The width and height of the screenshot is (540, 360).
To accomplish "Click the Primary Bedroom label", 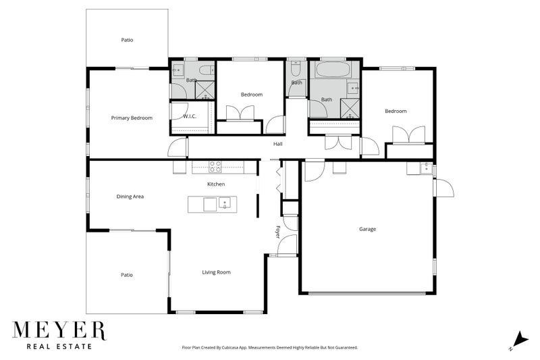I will tap(132, 118).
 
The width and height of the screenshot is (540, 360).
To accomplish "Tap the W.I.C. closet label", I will tap(190, 116).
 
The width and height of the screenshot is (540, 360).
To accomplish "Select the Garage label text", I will tap(367, 229).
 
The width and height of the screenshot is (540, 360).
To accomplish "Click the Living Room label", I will tap(216, 272).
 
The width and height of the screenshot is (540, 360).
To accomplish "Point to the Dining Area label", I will tap(130, 197).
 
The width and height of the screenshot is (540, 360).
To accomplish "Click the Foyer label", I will tap(277, 231).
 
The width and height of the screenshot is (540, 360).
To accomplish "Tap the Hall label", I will tap(277, 144).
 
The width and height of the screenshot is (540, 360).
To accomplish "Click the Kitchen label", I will tap(216, 184).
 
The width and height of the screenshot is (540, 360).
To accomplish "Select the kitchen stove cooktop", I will tap(217, 165).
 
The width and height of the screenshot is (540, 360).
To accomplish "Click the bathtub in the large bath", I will tap(334, 70).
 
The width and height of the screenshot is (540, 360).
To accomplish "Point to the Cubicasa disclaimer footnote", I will tap(270, 347).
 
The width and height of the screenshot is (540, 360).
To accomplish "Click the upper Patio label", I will tap(127, 40).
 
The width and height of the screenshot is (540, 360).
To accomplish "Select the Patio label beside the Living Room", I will tap(127, 275).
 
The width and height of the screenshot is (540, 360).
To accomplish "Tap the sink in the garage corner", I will tap(425, 168).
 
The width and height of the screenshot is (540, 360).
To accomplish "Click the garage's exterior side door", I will tap(443, 189).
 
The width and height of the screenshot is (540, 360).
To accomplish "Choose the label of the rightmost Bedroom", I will tap(396, 111).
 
